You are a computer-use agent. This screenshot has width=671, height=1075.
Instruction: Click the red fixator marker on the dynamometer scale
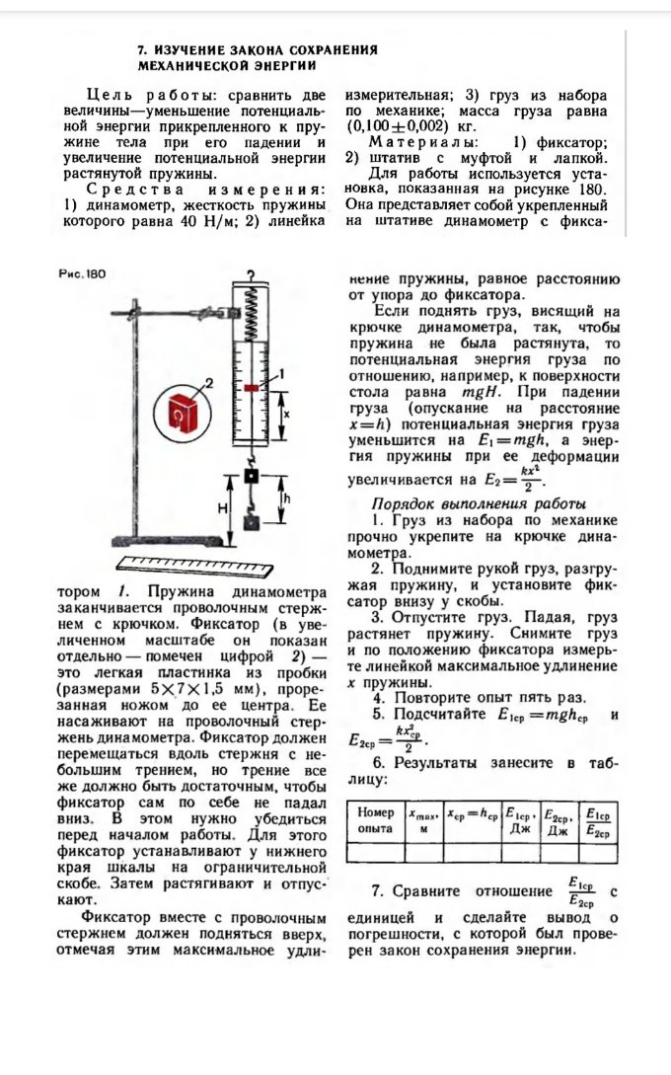253,388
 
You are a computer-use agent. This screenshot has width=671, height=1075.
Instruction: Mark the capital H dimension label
222,507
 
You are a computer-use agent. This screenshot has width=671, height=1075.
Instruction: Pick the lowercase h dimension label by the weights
287,499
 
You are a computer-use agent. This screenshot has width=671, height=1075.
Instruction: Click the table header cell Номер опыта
375,821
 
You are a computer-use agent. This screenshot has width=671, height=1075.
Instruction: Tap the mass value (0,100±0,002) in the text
396,127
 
